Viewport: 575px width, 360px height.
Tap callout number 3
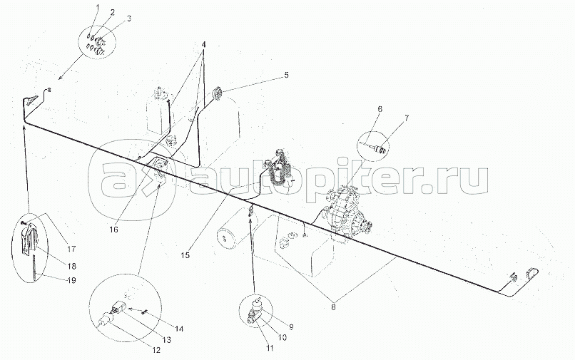128,19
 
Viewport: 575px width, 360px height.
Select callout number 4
203,45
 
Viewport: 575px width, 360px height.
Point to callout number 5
286,75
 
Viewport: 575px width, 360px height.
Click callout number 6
380,109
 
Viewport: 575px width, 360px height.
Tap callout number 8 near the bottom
333,307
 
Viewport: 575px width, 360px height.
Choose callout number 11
270,349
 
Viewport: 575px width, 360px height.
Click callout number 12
156,351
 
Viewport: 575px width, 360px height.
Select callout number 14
178,329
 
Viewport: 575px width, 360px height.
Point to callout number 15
186,255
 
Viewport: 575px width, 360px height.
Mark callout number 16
114,230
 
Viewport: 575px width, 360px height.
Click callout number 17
71,249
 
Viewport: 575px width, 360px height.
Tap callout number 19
72,280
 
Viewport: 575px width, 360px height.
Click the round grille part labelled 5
218,93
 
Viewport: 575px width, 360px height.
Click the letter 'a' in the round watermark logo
120,180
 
